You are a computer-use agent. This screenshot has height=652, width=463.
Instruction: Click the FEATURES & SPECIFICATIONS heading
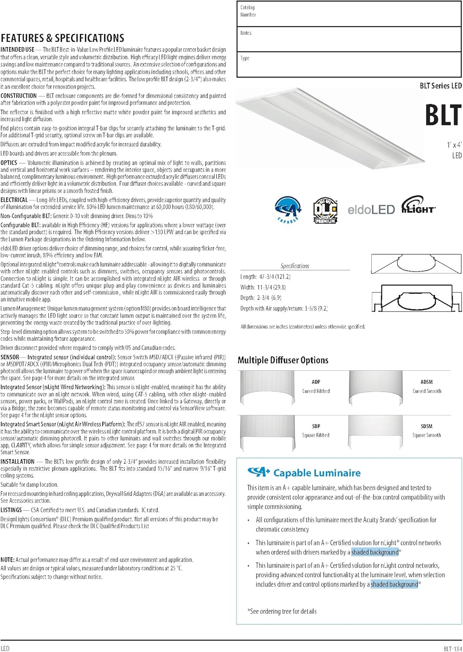pos(62,38)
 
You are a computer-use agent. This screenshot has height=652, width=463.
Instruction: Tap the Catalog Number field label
pos(248,11)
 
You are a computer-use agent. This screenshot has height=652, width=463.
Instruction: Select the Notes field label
pos(246,33)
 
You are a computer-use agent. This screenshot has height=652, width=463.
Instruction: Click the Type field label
pos(245,58)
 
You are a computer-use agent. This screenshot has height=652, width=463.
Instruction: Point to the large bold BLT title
pos(443,115)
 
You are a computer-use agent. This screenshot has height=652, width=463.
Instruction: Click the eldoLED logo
pos(371,210)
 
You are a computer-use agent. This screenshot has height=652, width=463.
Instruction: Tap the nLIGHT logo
pos(418,205)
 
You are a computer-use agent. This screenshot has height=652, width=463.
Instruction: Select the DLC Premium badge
pos(325,210)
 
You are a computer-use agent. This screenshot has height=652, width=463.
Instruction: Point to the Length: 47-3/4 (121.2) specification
pos(265,277)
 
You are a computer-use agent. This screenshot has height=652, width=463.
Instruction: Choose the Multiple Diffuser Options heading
pos(283,360)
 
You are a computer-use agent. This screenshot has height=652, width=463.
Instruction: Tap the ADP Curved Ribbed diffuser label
pos(316,386)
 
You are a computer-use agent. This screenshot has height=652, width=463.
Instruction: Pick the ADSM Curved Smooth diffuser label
pos(426,386)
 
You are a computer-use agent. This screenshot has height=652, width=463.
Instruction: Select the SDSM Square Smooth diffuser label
pos(426,431)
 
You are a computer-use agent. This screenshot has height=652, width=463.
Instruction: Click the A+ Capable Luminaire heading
pos(304,473)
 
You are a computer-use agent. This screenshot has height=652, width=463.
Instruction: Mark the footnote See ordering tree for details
pos(282,612)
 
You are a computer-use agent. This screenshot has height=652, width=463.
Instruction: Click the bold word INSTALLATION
pos(17,462)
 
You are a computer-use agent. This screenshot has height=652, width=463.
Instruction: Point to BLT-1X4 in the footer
pos(453,649)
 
